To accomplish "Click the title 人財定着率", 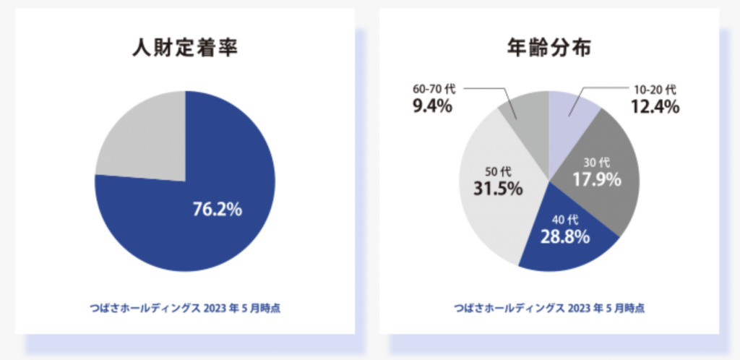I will pos(184,48).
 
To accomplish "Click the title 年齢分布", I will pos(549,48).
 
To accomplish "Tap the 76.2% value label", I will pos(217,210).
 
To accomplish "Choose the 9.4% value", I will pos(433,107).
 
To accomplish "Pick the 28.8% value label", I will pos(565,236).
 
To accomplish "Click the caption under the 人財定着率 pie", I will pos(185,308).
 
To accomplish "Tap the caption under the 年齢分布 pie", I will pos(549,308).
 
